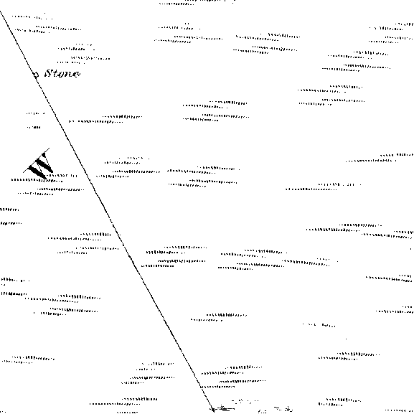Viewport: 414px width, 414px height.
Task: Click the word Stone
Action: coord(62,73)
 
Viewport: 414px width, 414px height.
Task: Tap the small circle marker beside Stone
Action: coord(36,75)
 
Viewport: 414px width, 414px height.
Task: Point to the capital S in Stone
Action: coord(48,73)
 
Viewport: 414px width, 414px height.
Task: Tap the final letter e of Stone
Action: coord(76,74)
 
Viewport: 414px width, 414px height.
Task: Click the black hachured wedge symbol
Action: coord(39,164)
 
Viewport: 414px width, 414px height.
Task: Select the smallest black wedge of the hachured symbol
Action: coord(44,155)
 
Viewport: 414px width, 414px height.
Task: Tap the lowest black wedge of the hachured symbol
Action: coord(37,172)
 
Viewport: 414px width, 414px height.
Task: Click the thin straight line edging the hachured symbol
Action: coord(36,161)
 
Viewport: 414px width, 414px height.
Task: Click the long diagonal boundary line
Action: coord(106,211)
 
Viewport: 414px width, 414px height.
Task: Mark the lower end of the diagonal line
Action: coord(213,411)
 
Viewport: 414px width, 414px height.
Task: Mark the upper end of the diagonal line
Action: coord(0,11)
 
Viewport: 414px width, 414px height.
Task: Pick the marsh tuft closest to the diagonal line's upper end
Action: coord(32,17)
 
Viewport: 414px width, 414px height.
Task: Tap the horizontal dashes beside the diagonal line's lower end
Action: coord(224,409)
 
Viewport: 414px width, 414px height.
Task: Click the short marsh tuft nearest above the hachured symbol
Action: coord(34,127)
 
